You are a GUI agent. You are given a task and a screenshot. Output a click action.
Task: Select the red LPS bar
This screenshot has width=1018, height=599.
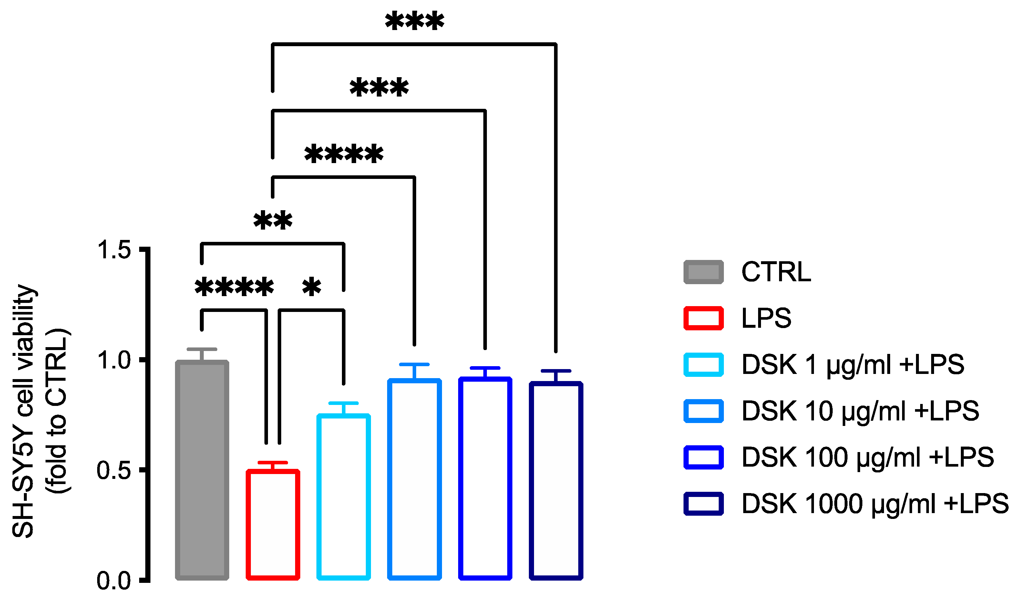click(x=273, y=525)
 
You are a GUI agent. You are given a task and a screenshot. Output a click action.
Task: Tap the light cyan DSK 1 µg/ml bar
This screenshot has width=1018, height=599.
click(x=344, y=497)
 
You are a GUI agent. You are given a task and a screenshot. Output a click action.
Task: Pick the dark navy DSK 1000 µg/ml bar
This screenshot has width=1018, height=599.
click(x=556, y=481)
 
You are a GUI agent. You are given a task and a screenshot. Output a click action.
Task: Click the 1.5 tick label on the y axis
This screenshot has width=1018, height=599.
click(x=114, y=250)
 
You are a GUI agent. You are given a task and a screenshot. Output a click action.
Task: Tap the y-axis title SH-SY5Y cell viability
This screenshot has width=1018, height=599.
click(x=24, y=412)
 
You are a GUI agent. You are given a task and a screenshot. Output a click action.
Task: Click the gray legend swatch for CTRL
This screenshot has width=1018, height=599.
click(x=703, y=272)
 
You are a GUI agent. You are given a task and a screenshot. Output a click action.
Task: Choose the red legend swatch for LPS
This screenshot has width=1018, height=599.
click(x=703, y=318)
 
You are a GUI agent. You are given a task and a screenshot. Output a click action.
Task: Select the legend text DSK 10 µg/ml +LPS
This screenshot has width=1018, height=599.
click(x=860, y=411)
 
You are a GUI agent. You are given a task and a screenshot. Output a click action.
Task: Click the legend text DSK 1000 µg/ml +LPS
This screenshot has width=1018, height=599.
click(x=875, y=504)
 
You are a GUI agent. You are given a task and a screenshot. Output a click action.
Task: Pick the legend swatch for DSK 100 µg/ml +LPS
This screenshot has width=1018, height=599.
click(x=703, y=458)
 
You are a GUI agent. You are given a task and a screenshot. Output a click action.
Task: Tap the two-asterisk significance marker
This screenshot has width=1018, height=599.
click(x=273, y=221)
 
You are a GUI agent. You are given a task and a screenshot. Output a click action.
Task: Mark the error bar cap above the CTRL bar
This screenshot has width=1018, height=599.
click(x=202, y=349)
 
